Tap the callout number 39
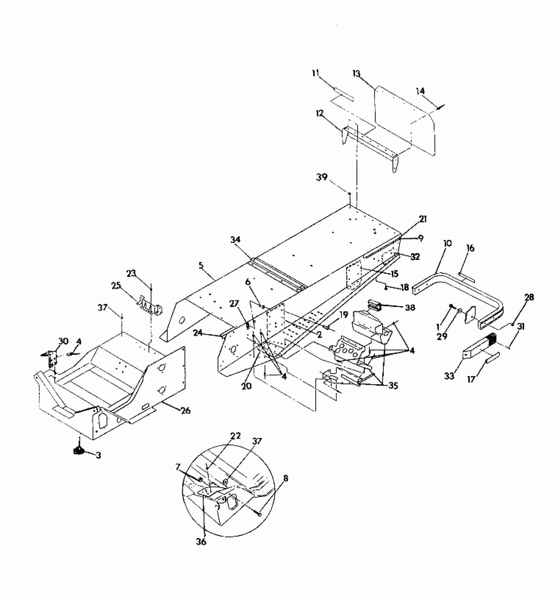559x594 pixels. tap(322, 177)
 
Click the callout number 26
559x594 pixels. tap(185, 410)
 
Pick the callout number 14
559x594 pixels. tap(420, 91)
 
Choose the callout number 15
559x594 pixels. tap(394, 273)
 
